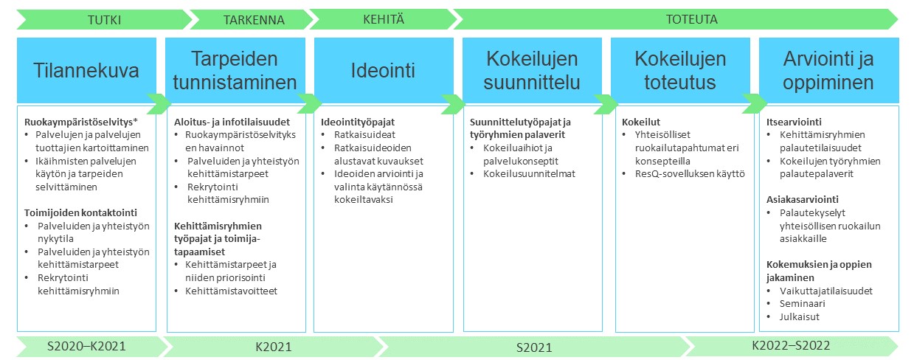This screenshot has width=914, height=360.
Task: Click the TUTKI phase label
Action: point(105,20)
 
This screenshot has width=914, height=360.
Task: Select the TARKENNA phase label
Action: point(254,20)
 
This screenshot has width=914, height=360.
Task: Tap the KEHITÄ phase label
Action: point(384,19)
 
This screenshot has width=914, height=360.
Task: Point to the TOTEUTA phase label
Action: point(692,19)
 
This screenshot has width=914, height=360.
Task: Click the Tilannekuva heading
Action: point(86,70)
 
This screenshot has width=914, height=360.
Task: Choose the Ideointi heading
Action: point(383,70)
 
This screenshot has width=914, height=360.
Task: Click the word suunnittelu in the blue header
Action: point(532,82)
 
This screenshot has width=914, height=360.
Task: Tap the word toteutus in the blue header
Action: point(680,82)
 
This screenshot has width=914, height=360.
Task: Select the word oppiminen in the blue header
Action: point(828,83)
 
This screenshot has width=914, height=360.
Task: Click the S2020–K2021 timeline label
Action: point(86,346)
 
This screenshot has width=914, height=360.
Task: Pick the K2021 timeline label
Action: point(274,347)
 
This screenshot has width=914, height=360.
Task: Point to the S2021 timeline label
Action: point(534,347)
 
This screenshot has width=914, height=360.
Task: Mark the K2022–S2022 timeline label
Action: point(791,346)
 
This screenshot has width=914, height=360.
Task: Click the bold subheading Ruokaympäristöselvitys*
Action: point(81,122)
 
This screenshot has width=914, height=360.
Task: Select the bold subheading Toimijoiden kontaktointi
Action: point(80,212)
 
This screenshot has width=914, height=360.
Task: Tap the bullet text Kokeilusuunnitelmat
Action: point(529,173)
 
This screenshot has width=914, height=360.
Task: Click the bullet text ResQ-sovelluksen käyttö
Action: point(690,174)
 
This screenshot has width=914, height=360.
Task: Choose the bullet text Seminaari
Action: point(802,303)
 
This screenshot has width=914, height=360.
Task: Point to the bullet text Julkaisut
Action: point(800,316)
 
